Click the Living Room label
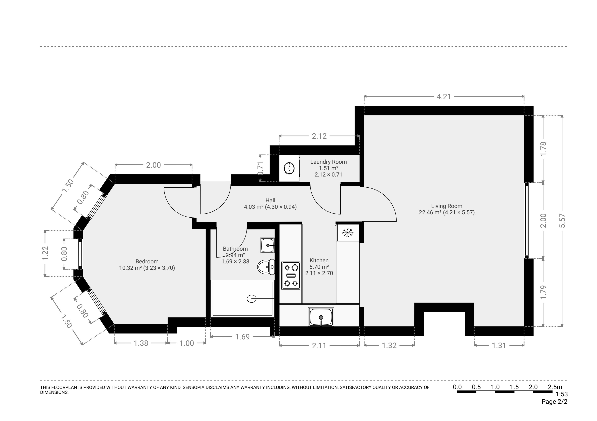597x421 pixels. (447, 206)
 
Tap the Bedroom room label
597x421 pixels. (147, 261)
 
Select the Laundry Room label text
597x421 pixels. (328, 162)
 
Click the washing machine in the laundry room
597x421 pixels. (289, 168)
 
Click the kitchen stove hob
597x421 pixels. (291, 275)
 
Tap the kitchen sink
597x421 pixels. (321, 317)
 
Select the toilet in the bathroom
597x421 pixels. (266, 267)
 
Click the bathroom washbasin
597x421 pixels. (267, 245)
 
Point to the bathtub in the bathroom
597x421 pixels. (242, 299)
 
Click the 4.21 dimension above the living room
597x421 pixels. (444, 97)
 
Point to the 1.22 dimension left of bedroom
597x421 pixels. (45, 253)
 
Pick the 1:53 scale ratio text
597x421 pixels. (562, 394)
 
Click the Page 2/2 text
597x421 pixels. (554, 402)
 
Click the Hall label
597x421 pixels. (270, 200)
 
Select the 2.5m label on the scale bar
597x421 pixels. (555, 387)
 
